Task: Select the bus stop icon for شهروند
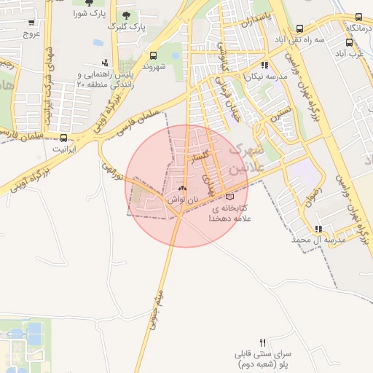tap(153, 55)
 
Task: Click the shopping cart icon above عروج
tap(31, 21)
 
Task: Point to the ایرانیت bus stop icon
tap(64, 137)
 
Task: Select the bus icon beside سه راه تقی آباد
tap(299, 28)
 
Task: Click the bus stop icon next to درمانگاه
tap(358, 16)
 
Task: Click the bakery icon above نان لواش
tap(182, 188)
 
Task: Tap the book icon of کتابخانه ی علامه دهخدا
tap(230, 197)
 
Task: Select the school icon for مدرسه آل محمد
tap(318, 229)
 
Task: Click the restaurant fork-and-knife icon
tap(262, 342)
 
